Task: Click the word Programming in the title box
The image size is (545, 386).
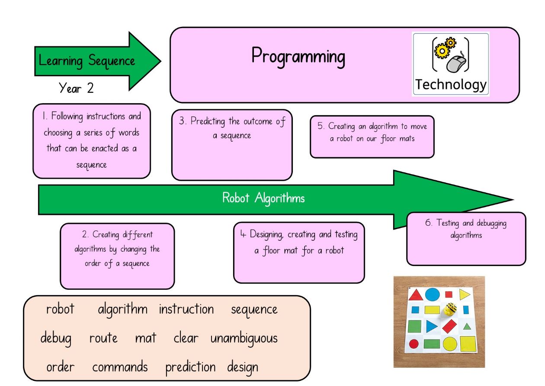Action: point(298,57)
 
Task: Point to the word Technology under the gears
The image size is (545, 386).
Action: point(451,85)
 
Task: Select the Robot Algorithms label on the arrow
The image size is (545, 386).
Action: point(263,198)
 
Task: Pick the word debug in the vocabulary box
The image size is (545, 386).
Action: point(56,338)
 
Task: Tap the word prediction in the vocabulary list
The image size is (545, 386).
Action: point(190,367)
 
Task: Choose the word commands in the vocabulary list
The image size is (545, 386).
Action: point(120,367)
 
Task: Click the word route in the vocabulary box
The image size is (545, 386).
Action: point(103,338)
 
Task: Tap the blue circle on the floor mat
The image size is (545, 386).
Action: point(433,295)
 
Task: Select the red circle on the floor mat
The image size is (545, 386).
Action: point(414,344)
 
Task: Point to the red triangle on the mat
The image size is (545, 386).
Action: point(416,295)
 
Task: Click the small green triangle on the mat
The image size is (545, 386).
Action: point(467,327)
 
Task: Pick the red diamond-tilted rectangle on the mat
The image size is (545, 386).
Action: point(449,326)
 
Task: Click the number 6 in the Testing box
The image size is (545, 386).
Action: point(429,222)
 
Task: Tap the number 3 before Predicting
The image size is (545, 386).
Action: point(182,120)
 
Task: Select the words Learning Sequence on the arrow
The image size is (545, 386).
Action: point(87,61)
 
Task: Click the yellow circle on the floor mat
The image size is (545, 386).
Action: point(450,344)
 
